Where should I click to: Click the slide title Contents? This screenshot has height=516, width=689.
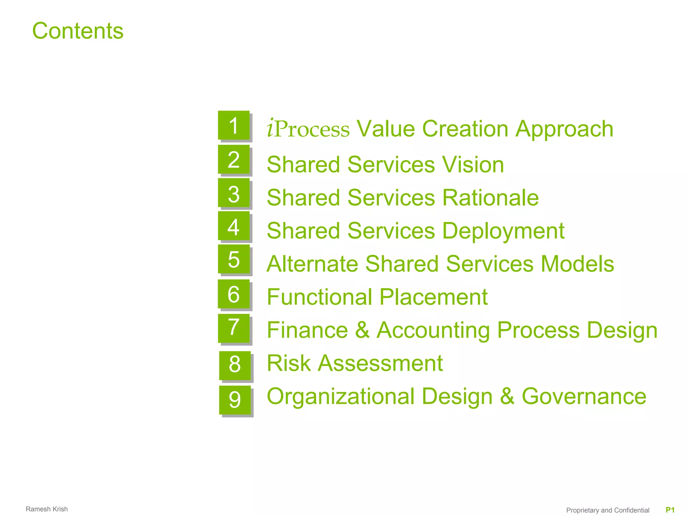78,31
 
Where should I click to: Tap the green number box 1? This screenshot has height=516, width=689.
234,125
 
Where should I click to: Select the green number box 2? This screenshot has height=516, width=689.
234,159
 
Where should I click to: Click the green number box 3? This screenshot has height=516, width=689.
234,193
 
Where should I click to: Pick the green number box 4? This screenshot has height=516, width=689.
234,226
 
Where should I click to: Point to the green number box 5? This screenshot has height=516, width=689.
234,259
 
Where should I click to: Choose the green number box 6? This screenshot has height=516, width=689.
234,294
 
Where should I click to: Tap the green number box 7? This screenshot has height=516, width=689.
234,328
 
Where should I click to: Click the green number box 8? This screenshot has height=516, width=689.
235,365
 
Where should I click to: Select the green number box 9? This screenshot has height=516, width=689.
235,400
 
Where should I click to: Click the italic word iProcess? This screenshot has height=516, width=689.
308,129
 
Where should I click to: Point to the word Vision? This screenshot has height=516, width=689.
473,164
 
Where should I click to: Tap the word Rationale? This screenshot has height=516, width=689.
490,197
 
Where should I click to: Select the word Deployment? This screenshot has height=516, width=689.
503,231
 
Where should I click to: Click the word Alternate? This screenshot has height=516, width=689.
312,264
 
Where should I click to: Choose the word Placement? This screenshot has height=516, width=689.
434,297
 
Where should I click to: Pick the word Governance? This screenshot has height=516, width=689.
584,396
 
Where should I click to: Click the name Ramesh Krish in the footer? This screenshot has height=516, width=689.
47,509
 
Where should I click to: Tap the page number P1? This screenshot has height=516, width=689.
670,510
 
